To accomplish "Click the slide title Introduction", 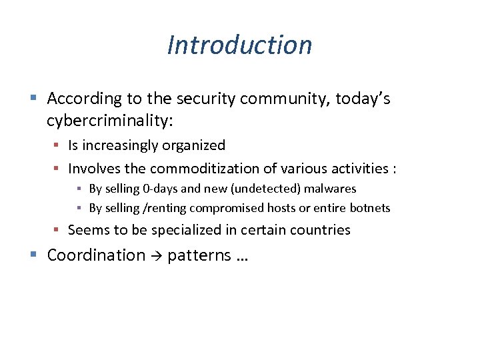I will click(239, 45).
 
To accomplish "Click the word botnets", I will click(369, 208).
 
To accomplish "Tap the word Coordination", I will click(96, 255).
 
